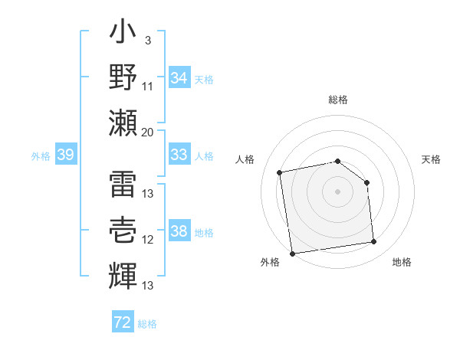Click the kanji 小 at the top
(x=123, y=35)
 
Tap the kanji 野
(x=123, y=79)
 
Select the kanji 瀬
(x=123, y=122)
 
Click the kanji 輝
(x=123, y=273)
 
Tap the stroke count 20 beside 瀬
(x=148, y=133)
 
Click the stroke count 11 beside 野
(x=148, y=87)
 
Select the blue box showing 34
(x=179, y=78)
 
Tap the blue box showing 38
(x=179, y=232)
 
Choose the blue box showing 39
(x=65, y=155)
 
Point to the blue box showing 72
(x=123, y=322)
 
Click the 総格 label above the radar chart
(x=338, y=100)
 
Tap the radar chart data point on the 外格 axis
(x=292, y=254)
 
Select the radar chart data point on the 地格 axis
(x=374, y=242)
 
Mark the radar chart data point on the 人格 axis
(x=280, y=172)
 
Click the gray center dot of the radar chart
(x=338, y=191)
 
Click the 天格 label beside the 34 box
(x=205, y=79)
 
